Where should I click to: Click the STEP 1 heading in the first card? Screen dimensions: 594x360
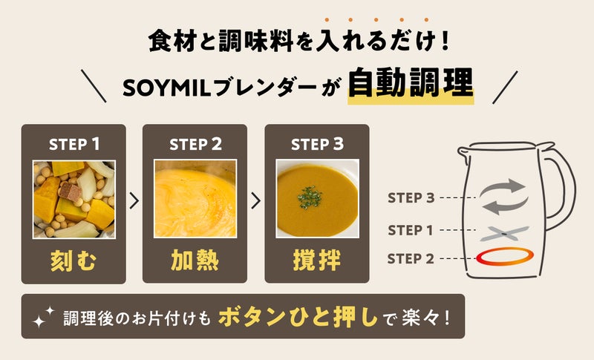[74, 144]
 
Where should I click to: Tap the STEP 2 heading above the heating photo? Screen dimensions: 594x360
[195, 144]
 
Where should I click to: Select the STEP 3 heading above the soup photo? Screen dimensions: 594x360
[317, 144]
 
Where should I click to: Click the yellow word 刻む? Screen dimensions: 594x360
[74, 261]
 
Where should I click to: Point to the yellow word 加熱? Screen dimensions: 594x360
[195, 261]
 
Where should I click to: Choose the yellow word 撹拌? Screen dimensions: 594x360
[317, 261]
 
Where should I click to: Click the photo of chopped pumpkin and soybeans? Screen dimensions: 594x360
[74, 200]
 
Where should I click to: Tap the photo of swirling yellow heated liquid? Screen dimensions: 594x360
[195, 199]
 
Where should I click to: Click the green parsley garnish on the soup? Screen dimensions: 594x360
[310, 197]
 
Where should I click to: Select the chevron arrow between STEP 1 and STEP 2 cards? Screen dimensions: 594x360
[134, 200]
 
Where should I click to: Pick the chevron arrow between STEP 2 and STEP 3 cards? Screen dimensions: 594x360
[255, 200]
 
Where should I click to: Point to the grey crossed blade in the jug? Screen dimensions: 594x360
[504, 234]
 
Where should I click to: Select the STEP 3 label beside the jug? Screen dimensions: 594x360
[411, 197]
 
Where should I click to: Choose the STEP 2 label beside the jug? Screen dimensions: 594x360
[411, 259]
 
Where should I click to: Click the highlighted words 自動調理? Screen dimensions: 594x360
[411, 82]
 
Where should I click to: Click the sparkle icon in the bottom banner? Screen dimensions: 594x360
[43, 317]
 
